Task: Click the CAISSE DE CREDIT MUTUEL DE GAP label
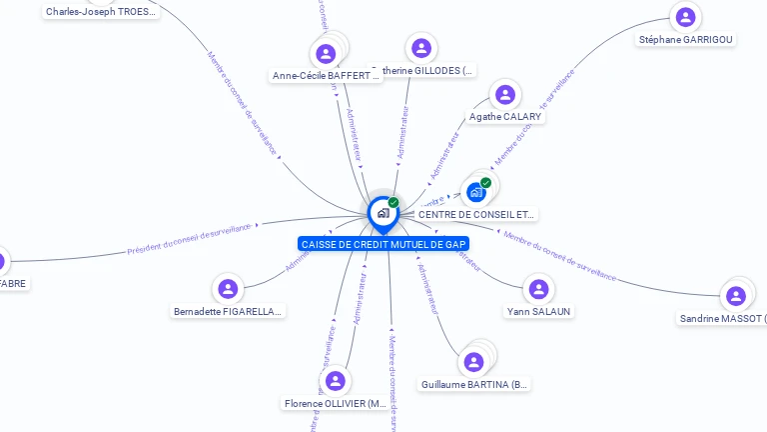[383, 244]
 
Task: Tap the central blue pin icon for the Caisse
[383, 213]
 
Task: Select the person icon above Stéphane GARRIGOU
[685, 17]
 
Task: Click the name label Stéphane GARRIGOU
[685, 39]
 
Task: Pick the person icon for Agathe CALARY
[505, 95]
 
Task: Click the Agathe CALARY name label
[505, 117]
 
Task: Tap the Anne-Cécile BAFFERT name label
[327, 75]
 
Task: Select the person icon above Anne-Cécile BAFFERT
[325, 53]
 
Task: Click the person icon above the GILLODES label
[421, 48]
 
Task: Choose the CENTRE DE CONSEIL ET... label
[476, 214]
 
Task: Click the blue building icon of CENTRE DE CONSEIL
[475, 192]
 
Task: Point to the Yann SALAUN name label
[538, 311]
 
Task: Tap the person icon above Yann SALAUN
[538, 289]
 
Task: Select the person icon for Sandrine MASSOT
[735, 296]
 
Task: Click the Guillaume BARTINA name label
[475, 384]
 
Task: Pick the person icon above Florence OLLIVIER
[335, 381]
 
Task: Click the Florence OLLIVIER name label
[335, 403]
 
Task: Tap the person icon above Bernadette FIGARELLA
[229, 289]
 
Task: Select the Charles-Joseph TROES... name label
[101, 12]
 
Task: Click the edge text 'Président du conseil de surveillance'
[190, 239]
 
